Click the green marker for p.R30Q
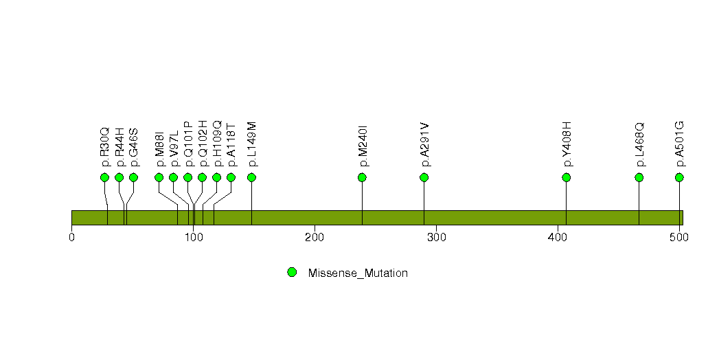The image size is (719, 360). [x=104, y=177]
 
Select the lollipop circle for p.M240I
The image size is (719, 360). [x=362, y=177]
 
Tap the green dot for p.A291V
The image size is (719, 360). [x=424, y=177]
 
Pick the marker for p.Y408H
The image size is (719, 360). [x=566, y=177]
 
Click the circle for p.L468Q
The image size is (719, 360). [x=639, y=177]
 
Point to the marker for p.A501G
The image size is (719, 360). [x=679, y=177]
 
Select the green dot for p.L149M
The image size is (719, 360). [x=251, y=177]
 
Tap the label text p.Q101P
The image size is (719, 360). [x=188, y=144]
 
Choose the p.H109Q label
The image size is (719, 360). [x=217, y=144]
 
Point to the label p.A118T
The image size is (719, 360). [x=231, y=146]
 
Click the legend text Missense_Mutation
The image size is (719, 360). [x=358, y=273]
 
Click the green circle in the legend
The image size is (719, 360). [x=292, y=272]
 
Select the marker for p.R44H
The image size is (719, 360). [x=119, y=177]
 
